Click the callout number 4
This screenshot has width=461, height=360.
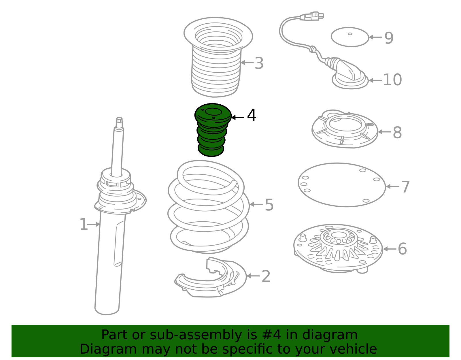pos(252,115)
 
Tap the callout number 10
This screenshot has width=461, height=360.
pos(392,80)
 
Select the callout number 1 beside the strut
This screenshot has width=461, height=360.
pos(84,224)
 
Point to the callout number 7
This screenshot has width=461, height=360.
pos(405,187)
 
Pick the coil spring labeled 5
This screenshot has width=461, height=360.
pos(208,207)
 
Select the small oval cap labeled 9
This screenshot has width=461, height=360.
pos(350,37)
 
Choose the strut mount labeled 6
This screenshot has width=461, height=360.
pos(338,248)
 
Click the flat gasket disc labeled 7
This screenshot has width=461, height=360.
pos(342,185)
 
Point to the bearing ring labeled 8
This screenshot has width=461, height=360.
pos(345,129)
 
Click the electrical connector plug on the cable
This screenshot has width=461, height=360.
pos(312,16)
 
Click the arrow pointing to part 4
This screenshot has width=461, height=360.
pos(238,117)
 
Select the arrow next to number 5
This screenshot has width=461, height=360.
pos(256,204)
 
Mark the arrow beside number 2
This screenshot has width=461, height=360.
pos(253,276)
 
